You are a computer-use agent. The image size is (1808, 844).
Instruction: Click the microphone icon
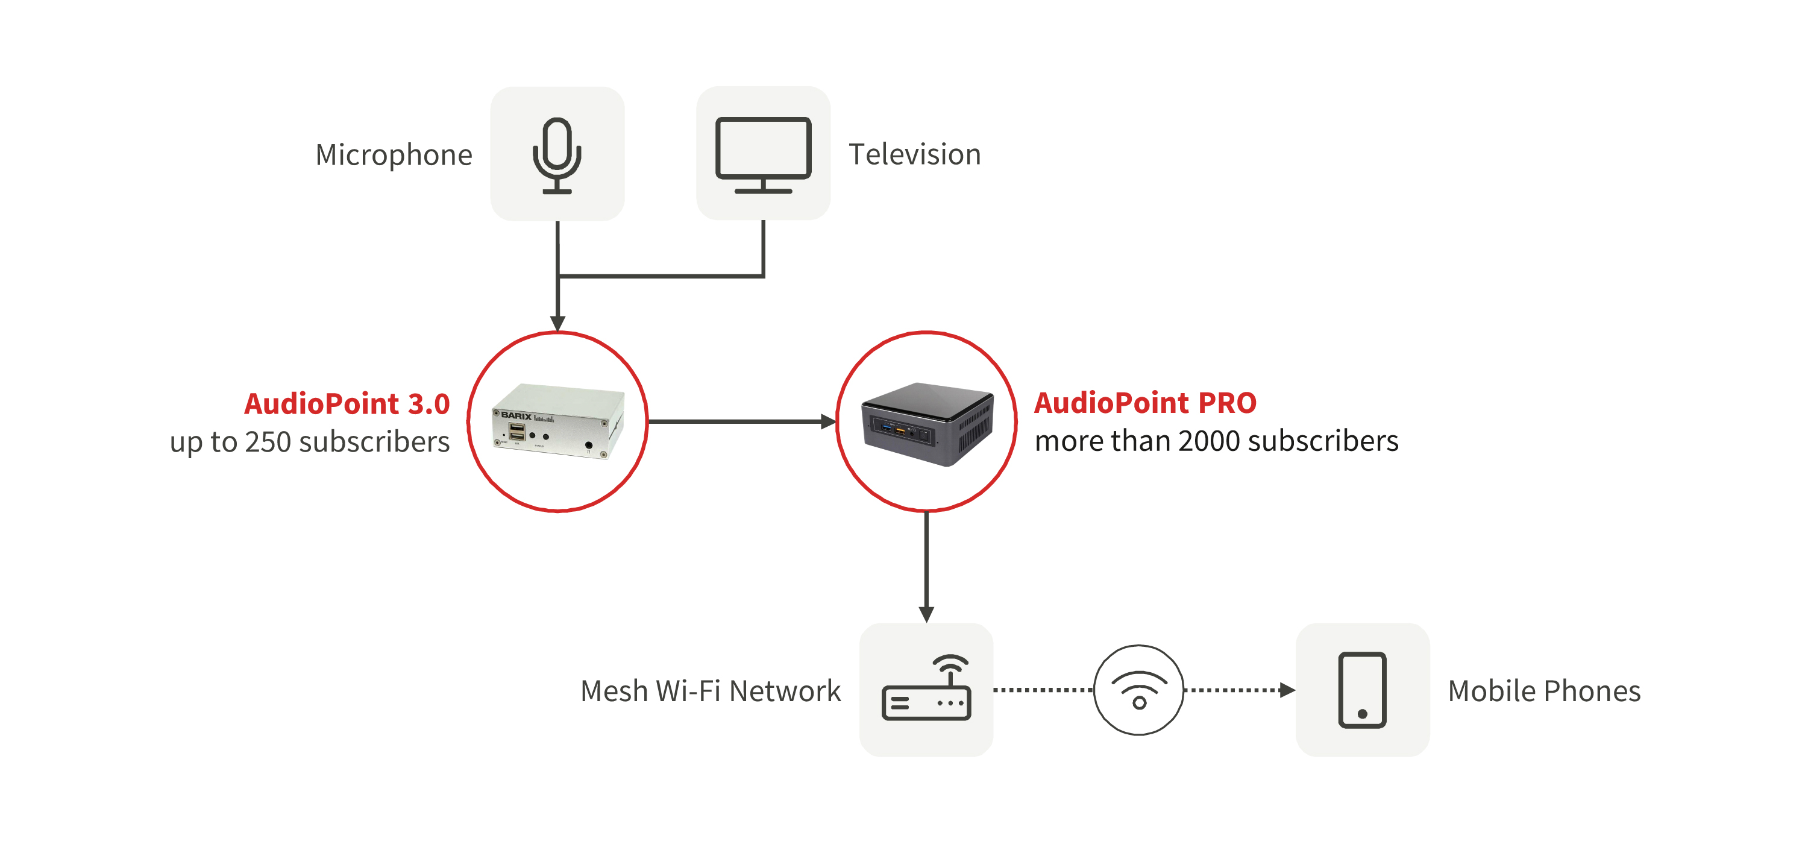(x=557, y=154)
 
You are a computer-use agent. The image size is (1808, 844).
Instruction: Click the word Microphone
(x=394, y=154)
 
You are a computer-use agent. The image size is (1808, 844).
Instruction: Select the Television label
(x=914, y=154)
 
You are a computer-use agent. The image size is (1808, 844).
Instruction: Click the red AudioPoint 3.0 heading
(x=347, y=404)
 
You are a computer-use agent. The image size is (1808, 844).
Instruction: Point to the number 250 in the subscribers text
(x=268, y=442)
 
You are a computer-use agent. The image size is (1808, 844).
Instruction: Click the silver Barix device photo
(x=558, y=421)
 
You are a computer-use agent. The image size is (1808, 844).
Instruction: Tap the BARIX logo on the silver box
(x=516, y=416)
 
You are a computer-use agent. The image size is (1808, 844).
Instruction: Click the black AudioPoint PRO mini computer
(x=927, y=423)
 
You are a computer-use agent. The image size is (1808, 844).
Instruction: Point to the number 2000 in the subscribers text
(x=1210, y=441)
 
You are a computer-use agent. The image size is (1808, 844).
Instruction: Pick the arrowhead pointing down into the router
(x=926, y=615)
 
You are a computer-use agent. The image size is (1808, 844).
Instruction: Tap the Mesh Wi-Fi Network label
(x=711, y=691)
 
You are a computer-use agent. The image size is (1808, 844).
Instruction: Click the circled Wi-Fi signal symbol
(x=1138, y=690)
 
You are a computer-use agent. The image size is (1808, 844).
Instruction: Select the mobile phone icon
(x=1361, y=690)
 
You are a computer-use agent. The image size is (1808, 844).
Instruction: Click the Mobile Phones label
(x=1544, y=691)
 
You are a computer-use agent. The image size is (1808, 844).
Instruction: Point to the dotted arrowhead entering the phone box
(x=1287, y=690)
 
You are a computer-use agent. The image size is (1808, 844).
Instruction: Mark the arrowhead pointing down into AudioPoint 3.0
(x=557, y=323)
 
